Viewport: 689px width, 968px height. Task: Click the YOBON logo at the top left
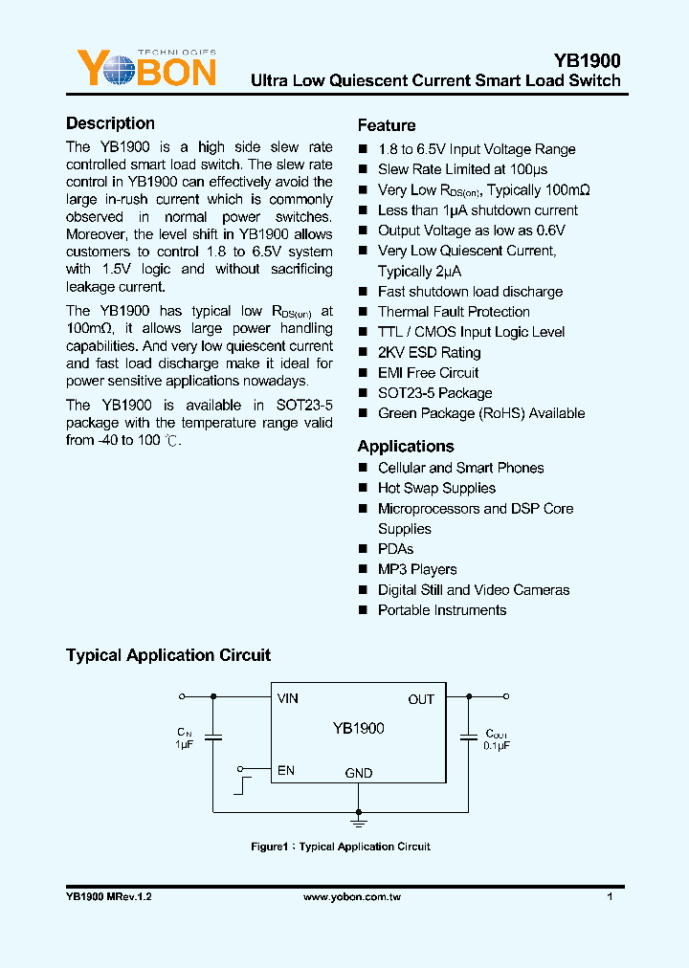(145, 69)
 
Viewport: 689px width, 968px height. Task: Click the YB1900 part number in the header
(587, 59)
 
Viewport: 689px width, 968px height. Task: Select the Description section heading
(110, 123)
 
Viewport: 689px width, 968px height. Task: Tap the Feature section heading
(387, 125)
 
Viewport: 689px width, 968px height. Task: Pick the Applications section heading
(406, 446)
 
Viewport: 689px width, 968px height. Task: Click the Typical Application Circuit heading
(168, 655)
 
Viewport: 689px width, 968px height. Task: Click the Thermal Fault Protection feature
(454, 312)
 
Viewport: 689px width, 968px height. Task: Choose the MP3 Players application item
(417, 569)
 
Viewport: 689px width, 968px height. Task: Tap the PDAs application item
(395, 549)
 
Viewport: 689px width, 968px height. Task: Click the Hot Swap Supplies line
(436, 488)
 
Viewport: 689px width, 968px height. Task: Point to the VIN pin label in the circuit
(288, 698)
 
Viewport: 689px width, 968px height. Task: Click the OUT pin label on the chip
(421, 699)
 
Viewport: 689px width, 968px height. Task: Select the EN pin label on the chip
(285, 770)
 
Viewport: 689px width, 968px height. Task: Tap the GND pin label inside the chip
(359, 773)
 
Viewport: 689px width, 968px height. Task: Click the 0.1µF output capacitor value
(497, 744)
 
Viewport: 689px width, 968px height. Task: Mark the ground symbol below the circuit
(359, 821)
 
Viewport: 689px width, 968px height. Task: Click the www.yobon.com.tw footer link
(351, 898)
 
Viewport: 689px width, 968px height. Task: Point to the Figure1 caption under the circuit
(341, 847)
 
